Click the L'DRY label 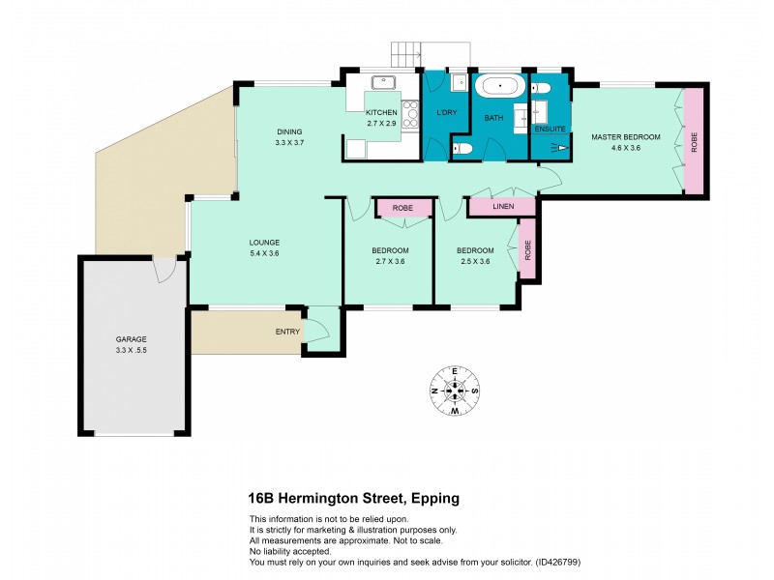coord(446,113)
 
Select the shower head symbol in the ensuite coord(559,148)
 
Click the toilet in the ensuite coord(541,89)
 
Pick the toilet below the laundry coord(462,148)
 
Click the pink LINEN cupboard coord(502,206)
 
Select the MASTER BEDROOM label coord(625,137)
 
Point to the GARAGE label coord(131,339)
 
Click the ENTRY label coord(287,332)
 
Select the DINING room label coord(289,132)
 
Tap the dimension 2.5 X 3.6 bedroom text coord(474,261)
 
